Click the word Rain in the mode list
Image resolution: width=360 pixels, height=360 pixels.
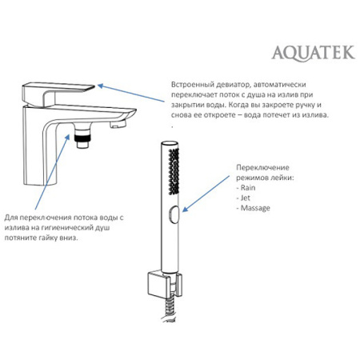tap(248, 187)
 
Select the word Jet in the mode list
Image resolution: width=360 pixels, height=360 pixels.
tap(246, 198)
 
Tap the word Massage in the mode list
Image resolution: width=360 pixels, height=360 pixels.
tap(255, 208)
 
